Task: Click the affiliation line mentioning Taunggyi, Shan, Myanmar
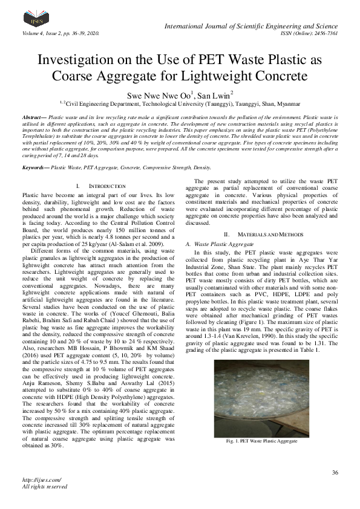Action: [x=180, y=104]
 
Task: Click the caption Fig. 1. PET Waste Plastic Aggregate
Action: [x=261, y=441]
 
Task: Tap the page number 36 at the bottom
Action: [x=335, y=473]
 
